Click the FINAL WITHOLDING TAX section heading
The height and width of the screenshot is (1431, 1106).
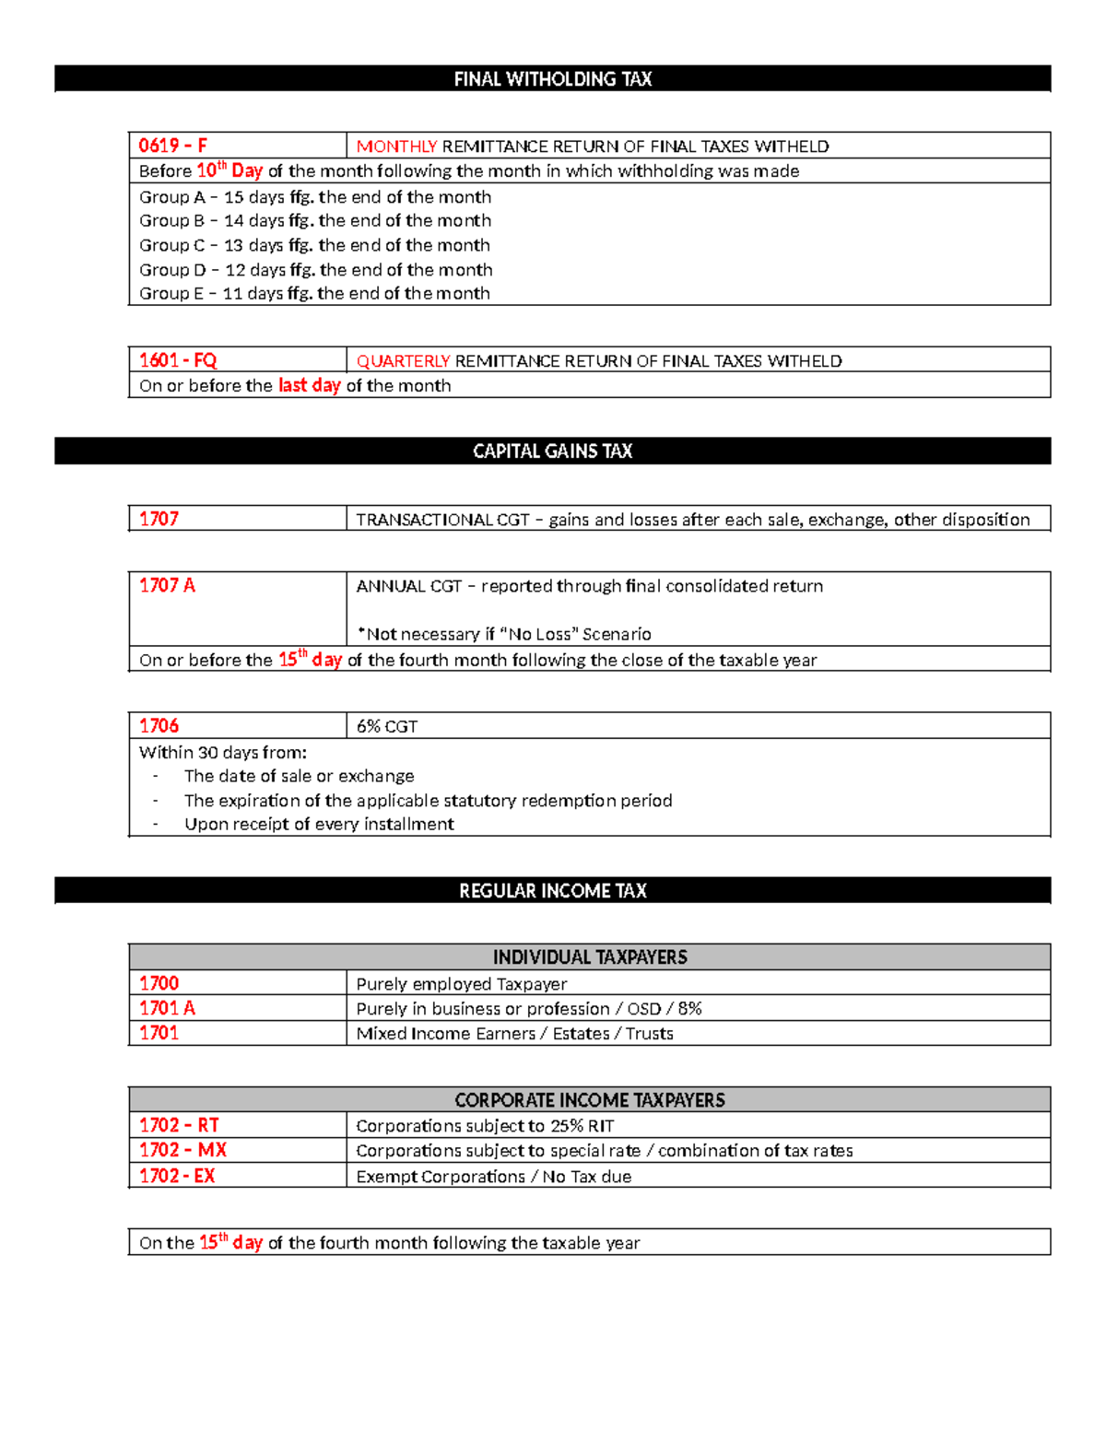(x=552, y=79)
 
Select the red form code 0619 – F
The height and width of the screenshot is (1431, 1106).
(x=173, y=146)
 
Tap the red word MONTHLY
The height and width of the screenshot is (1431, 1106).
(x=396, y=147)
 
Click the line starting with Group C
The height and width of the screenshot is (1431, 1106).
(x=314, y=245)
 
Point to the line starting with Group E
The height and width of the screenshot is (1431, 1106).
(x=314, y=293)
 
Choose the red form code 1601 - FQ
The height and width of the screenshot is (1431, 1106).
(x=178, y=360)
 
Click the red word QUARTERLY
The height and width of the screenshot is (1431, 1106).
(x=403, y=361)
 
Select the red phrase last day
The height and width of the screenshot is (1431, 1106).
(x=309, y=385)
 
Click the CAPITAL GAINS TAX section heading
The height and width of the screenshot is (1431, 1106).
(x=552, y=452)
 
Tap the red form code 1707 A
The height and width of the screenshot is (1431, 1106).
(x=167, y=586)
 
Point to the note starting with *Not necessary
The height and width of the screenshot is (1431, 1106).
(x=503, y=634)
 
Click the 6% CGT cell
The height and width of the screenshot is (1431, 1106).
(x=387, y=726)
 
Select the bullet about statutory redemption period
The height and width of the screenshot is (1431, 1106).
(x=428, y=800)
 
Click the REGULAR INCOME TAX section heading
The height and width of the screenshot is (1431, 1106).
(x=552, y=891)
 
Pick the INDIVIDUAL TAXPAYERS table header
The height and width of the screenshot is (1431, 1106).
(x=590, y=957)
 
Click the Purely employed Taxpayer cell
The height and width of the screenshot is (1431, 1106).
(x=461, y=984)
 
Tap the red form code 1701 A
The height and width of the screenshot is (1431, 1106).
(x=167, y=1008)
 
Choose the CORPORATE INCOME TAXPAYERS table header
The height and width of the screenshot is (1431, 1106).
(x=590, y=1100)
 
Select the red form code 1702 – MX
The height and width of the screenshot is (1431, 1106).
(x=182, y=1150)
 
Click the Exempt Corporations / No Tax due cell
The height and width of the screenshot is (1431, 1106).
(x=493, y=1177)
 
